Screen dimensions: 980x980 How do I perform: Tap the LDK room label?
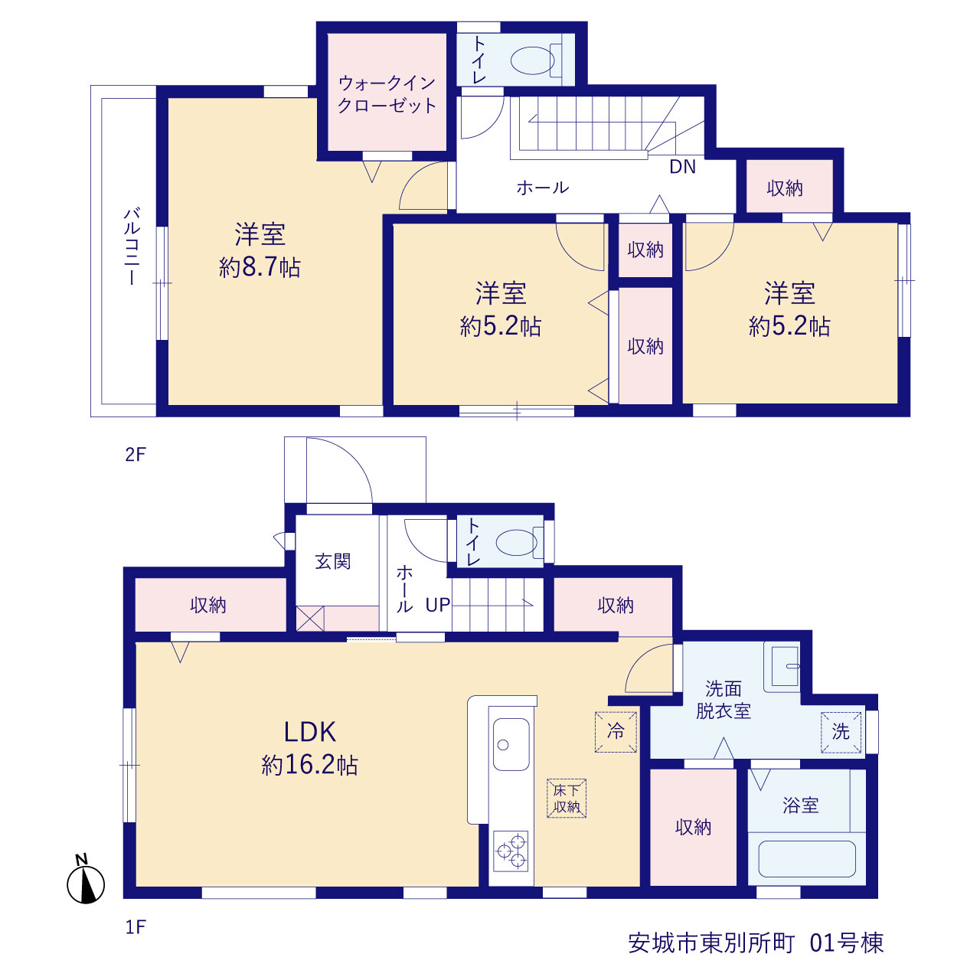(310, 733)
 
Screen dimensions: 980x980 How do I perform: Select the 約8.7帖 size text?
(260, 267)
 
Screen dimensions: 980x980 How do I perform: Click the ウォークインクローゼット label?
(387, 94)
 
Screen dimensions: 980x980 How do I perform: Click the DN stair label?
(682, 167)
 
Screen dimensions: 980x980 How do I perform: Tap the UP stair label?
(438, 605)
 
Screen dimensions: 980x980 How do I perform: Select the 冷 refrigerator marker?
(616, 732)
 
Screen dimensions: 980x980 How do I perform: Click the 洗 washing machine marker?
(841, 733)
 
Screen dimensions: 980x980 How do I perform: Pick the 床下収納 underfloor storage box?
(567, 799)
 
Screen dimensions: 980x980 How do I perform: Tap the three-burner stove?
(511, 851)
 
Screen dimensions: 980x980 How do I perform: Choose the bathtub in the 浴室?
(807, 859)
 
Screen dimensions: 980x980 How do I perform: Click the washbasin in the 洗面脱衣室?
(782, 666)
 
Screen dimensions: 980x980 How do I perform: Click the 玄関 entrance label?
(333, 561)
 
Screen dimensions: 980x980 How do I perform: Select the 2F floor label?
(136, 454)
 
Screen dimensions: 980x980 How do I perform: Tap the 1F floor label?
(136, 927)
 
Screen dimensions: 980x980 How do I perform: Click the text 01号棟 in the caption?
(847, 943)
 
